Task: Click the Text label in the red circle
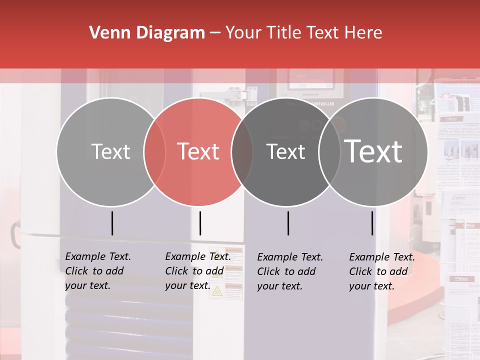pos(198,151)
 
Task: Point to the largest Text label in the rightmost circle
pos(373,151)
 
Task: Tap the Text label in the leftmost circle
pos(110,151)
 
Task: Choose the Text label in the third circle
pos(285,151)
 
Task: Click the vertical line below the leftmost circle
pos(112,223)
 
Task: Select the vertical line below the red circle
pos(200,223)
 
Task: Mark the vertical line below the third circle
pos(288,223)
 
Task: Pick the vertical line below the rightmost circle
pos(372,223)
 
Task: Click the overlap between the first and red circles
pos(154,151)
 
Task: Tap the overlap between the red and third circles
pos(242,151)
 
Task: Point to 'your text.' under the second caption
pos(187,285)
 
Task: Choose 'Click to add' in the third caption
pos(286,271)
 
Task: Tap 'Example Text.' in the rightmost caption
pos(382,257)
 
